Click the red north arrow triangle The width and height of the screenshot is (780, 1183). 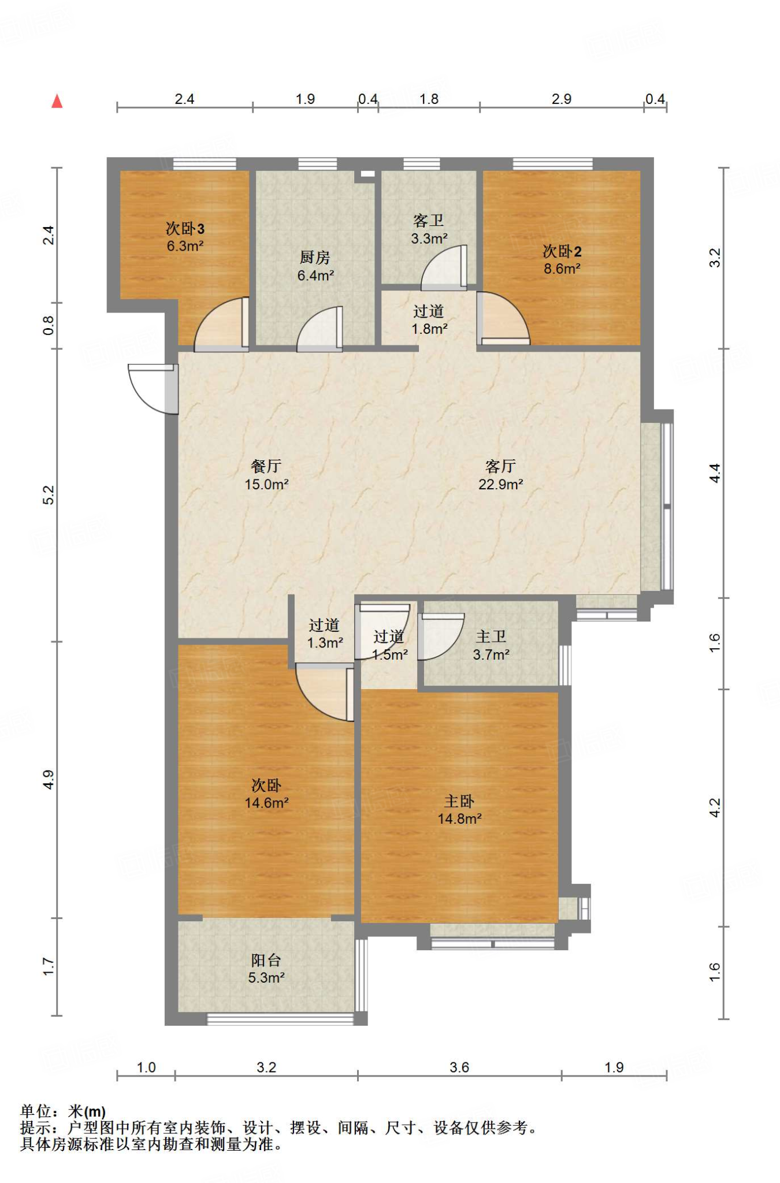point(57,101)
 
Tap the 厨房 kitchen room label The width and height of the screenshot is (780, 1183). point(315,257)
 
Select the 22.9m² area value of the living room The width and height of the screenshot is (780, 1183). point(501,484)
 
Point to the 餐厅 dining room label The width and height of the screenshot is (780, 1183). point(266,466)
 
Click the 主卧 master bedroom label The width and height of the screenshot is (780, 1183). point(459,801)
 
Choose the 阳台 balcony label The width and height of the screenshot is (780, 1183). point(266,960)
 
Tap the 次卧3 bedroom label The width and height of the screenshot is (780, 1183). point(185,229)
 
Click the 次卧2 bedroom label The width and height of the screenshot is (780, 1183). point(562,251)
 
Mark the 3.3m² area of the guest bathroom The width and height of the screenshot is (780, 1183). point(429,238)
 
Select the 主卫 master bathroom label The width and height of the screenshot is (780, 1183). point(491,637)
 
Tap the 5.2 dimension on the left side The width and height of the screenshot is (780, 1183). point(49,495)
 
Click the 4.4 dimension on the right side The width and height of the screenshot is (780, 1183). point(715,473)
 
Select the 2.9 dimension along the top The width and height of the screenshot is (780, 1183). point(562,99)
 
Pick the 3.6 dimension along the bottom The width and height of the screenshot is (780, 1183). point(459,1067)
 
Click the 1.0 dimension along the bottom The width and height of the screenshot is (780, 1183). point(146,1067)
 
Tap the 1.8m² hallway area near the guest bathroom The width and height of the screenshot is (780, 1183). point(429,329)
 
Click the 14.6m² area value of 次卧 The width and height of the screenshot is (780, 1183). point(266,803)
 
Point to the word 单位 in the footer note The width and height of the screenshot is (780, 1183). point(36,1111)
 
